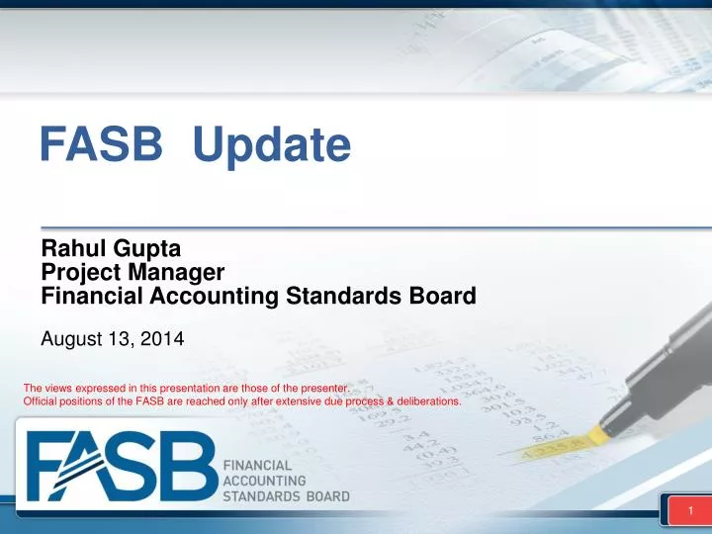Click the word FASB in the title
[101, 145]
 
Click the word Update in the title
[272, 146]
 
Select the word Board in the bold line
[440, 295]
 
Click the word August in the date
[71, 339]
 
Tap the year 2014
[162, 339]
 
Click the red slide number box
[686, 510]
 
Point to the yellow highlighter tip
[596, 434]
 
